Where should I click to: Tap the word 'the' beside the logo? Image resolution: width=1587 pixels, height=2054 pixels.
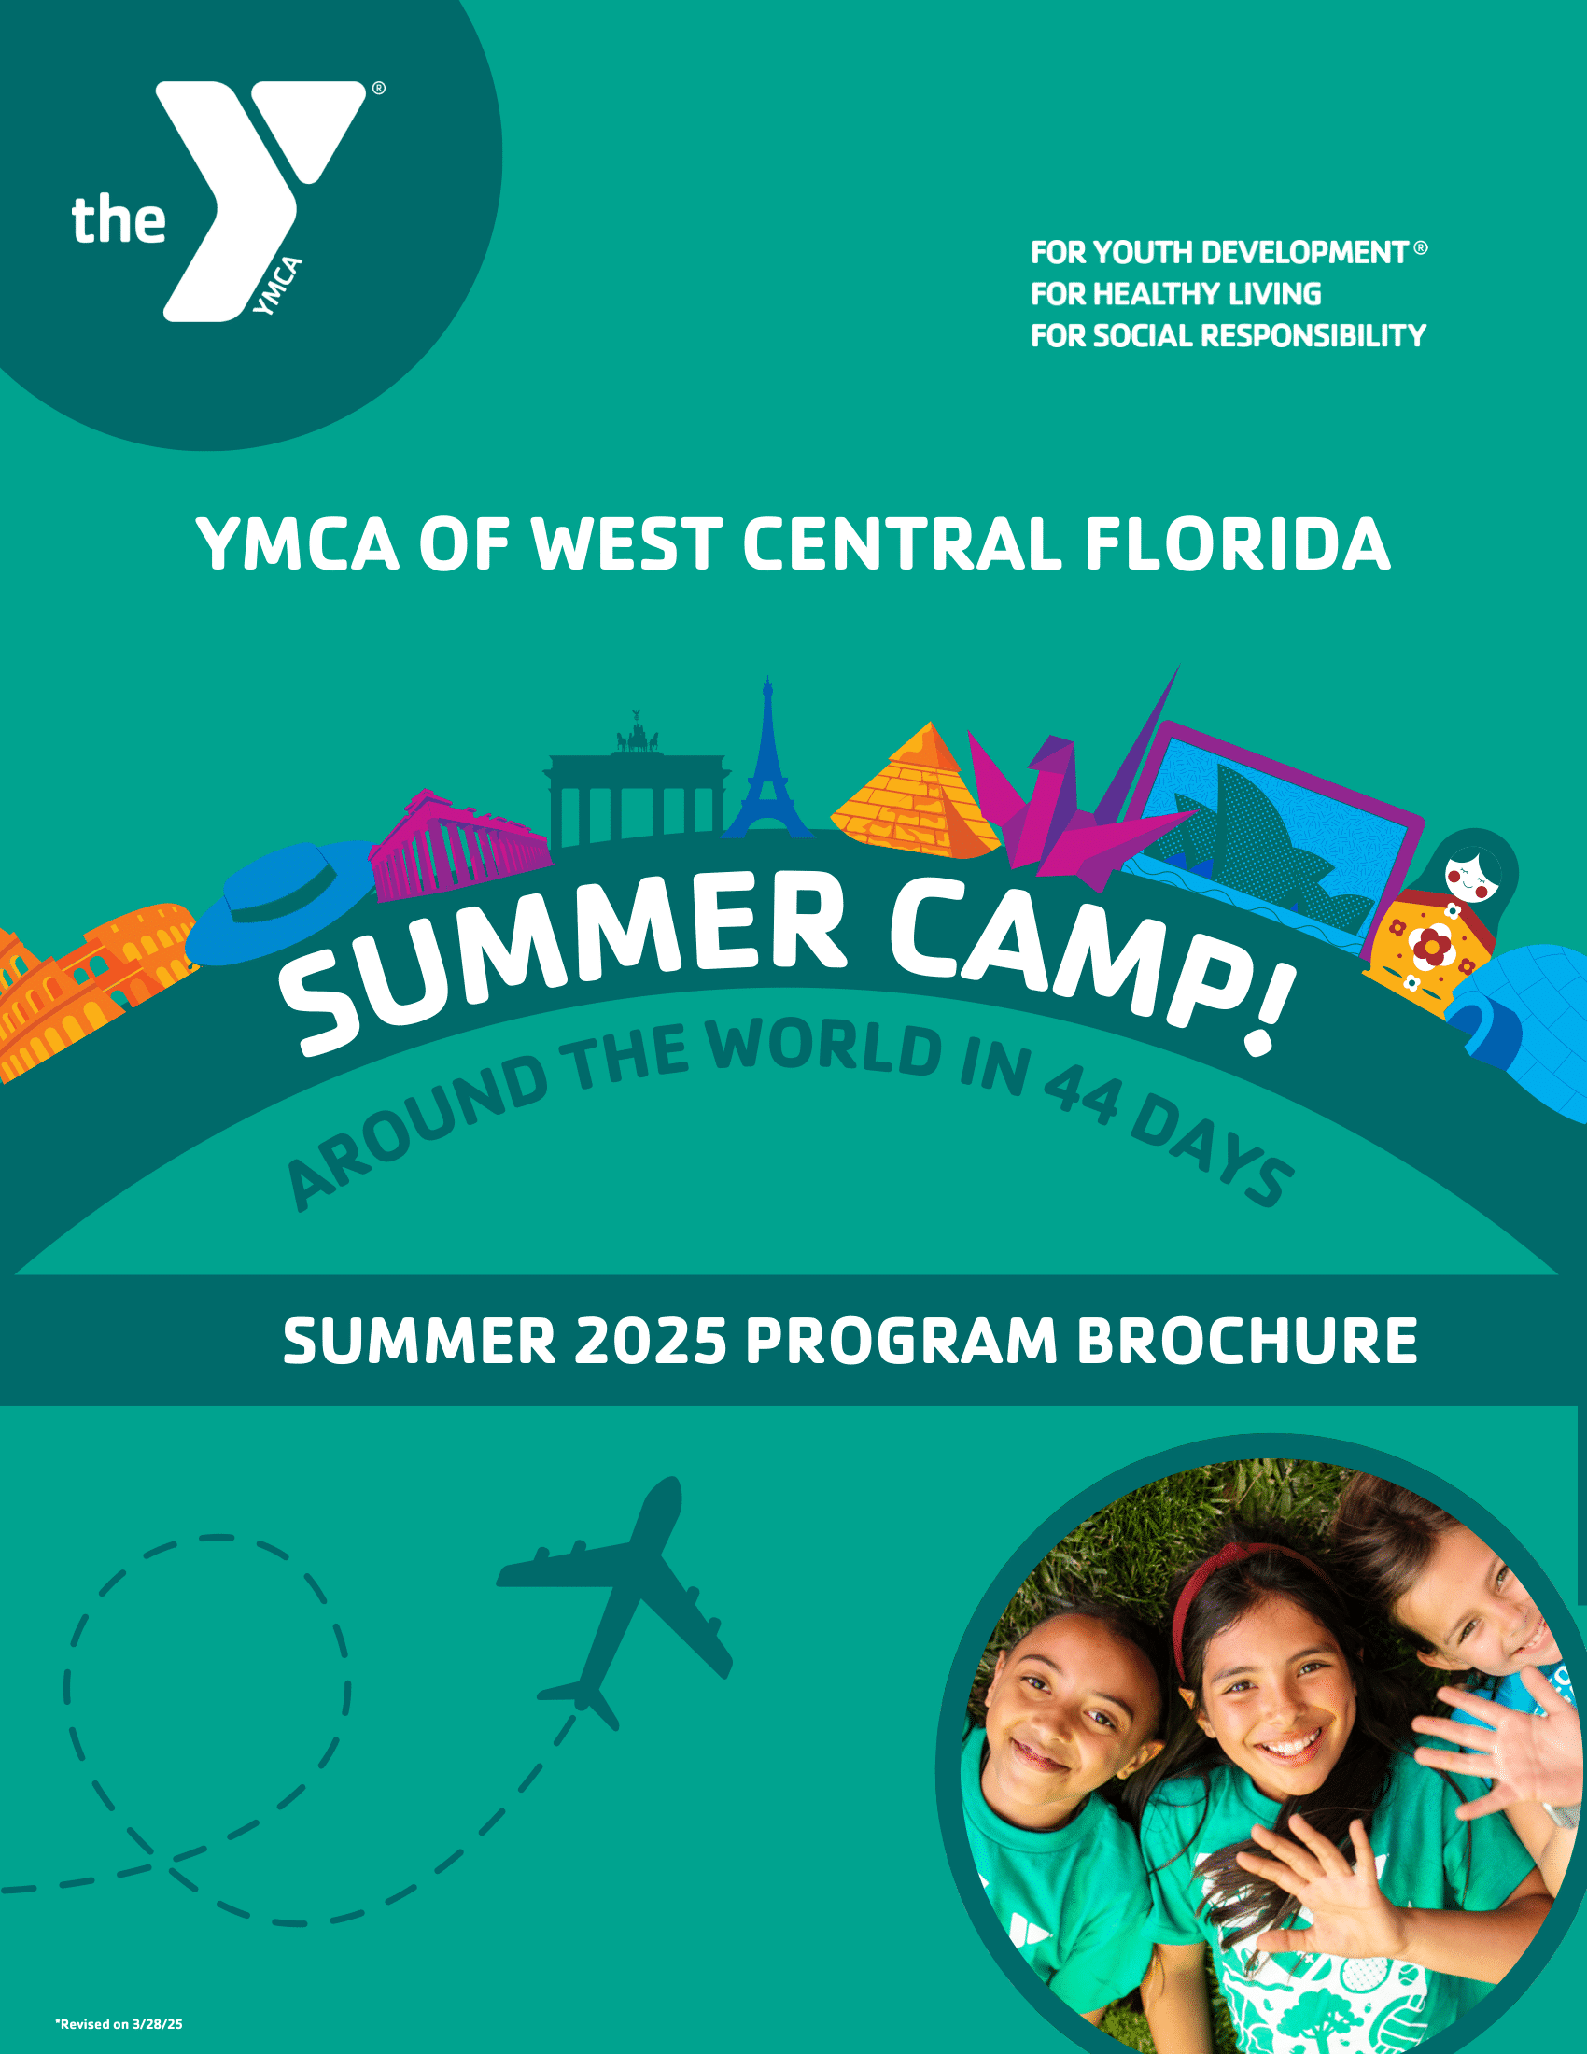click(x=119, y=220)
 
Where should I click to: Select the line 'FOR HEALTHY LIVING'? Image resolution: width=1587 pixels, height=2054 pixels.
click(x=1176, y=294)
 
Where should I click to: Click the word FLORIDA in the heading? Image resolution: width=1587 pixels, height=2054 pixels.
click(x=1238, y=544)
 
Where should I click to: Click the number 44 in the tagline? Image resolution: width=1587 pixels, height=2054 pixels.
click(x=1082, y=1094)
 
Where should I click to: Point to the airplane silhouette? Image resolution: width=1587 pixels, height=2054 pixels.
click(x=616, y=1603)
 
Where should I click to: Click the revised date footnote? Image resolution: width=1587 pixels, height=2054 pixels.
click(x=119, y=2024)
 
